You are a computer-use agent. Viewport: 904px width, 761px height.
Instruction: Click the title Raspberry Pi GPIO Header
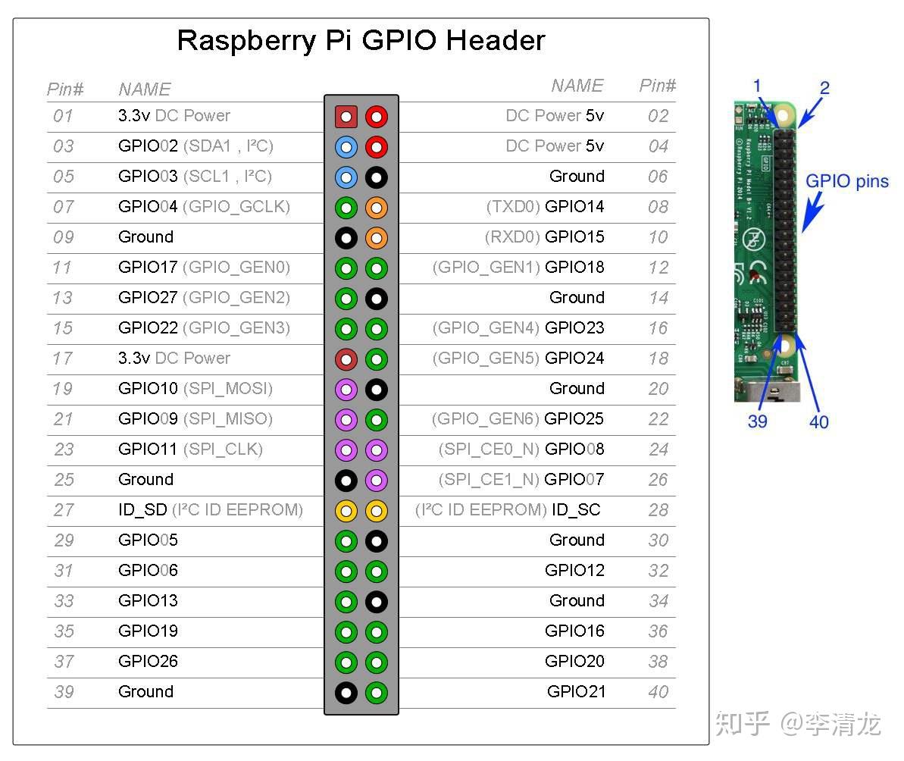pyautogui.click(x=361, y=40)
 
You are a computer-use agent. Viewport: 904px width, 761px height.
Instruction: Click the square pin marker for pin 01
pyautogui.click(x=346, y=117)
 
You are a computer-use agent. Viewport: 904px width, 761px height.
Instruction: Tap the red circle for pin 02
pyautogui.click(x=377, y=117)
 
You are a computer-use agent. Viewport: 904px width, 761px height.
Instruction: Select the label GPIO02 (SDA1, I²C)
pyautogui.click(x=196, y=146)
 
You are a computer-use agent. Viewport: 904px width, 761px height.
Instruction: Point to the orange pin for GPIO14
pyautogui.click(x=377, y=207)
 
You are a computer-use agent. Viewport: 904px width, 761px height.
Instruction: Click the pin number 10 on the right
pyautogui.click(x=658, y=237)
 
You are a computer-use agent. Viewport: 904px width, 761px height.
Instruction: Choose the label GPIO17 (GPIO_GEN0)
pyautogui.click(x=204, y=268)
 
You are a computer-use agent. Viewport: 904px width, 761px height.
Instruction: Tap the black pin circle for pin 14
pyautogui.click(x=377, y=298)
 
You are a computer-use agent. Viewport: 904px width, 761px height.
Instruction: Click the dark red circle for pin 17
pyautogui.click(x=346, y=359)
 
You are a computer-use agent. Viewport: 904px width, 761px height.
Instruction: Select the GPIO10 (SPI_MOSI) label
pyautogui.click(x=195, y=389)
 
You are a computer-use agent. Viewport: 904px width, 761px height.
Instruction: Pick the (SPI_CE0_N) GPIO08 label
pyautogui.click(x=521, y=449)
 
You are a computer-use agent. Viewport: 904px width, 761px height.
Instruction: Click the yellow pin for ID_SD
pyautogui.click(x=346, y=510)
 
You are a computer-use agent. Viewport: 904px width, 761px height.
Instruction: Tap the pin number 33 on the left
pyautogui.click(x=64, y=601)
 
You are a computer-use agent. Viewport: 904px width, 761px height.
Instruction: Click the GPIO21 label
pyautogui.click(x=576, y=692)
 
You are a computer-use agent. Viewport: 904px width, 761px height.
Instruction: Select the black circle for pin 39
pyautogui.click(x=346, y=692)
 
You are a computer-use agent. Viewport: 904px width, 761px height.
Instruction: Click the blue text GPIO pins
pyautogui.click(x=846, y=182)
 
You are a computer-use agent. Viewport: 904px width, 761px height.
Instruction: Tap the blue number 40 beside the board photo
pyautogui.click(x=819, y=422)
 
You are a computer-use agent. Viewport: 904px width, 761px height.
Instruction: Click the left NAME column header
pyautogui.click(x=145, y=89)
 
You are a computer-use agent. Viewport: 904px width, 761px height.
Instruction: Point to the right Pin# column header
pyautogui.click(x=657, y=86)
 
